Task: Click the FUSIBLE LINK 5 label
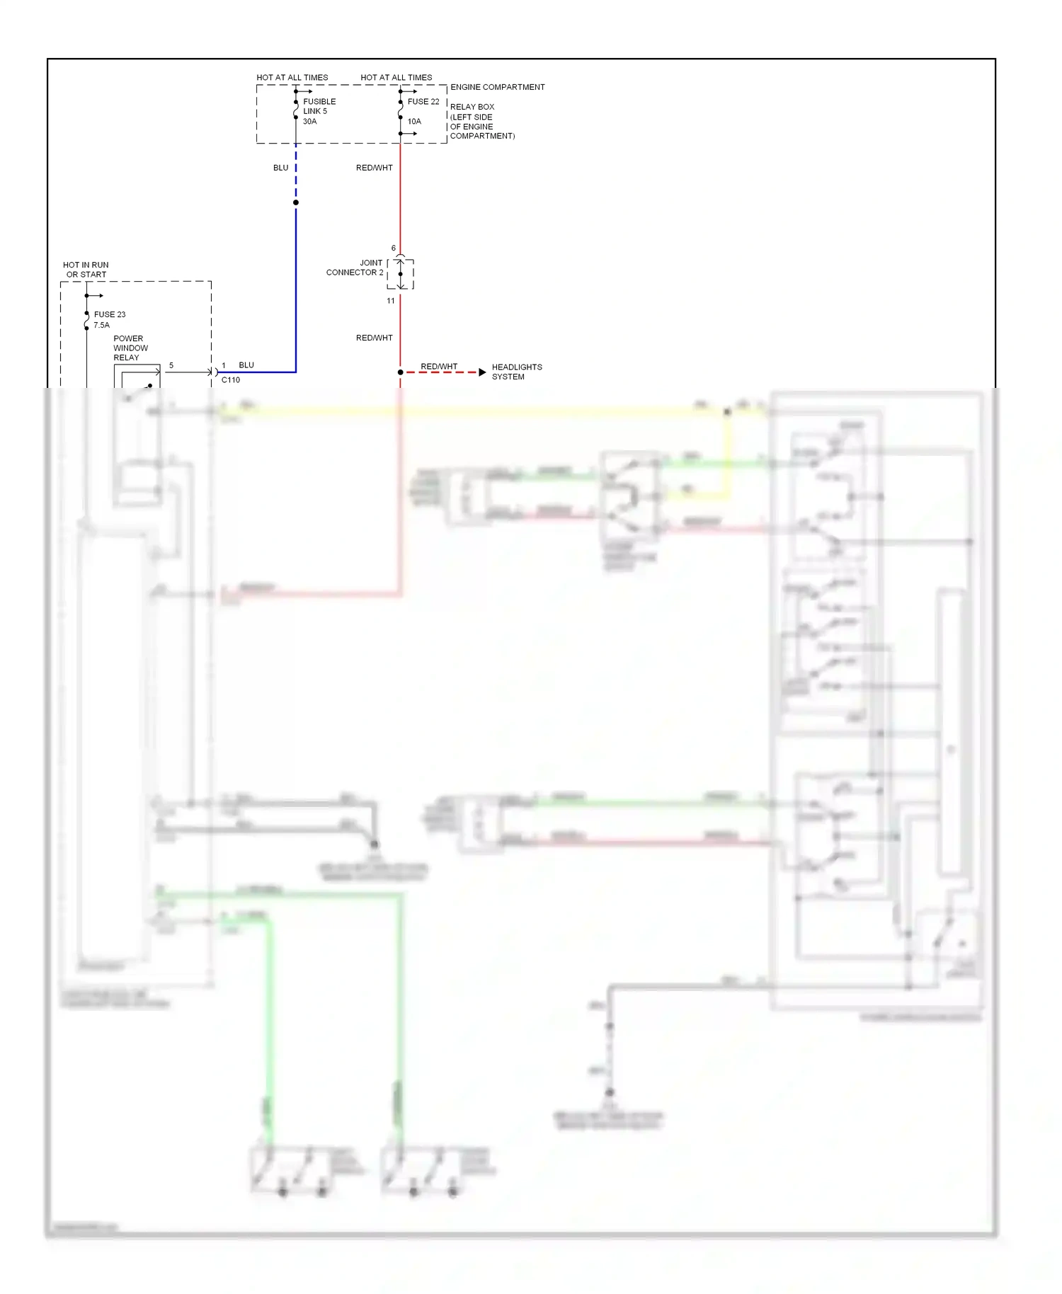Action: pyautogui.click(x=319, y=106)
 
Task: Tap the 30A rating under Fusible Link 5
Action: pyautogui.click(x=309, y=122)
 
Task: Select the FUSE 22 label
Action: pyautogui.click(x=423, y=102)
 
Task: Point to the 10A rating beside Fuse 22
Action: pyautogui.click(x=414, y=122)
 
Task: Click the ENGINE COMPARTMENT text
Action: pyautogui.click(x=497, y=87)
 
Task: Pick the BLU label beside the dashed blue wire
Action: pyautogui.click(x=280, y=168)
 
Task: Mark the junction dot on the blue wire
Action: pyautogui.click(x=296, y=202)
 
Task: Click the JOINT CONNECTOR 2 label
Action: pyautogui.click(x=355, y=268)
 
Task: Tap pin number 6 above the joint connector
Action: pyautogui.click(x=394, y=248)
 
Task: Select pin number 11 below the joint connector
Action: pyautogui.click(x=391, y=301)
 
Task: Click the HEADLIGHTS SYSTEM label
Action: pyautogui.click(x=516, y=372)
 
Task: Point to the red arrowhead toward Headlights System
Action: pyautogui.click(x=482, y=372)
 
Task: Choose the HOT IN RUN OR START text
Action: pyautogui.click(x=86, y=270)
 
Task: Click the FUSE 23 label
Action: pyautogui.click(x=110, y=314)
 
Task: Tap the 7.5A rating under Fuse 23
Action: pyautogui.click(x=101, y=325)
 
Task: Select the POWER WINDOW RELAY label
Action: pyautogui.click(x=130, y=348)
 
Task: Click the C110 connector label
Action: pyautogui.click(x=231, y=380)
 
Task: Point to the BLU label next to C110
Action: pyautogui.click(x=246, y=365)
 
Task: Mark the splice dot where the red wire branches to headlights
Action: pyautogui.click(x=400, y=372)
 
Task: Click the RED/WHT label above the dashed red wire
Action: pyautogui.click(x=439, y=366)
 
